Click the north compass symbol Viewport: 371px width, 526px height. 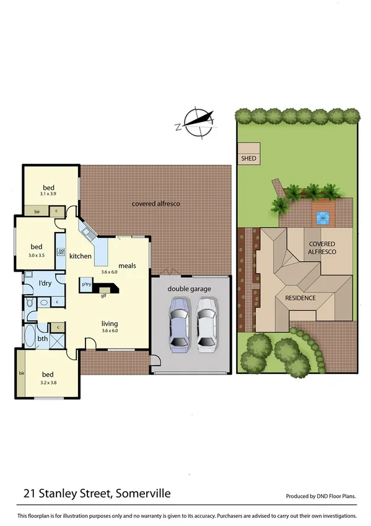click(x=198, y=121)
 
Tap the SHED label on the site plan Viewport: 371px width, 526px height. click(x=248, y=159)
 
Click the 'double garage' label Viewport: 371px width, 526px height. click(x=190, y=288)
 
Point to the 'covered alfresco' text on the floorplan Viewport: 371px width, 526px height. click(x=155, y=203)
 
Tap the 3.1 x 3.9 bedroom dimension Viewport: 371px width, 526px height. click(x=49, y=194)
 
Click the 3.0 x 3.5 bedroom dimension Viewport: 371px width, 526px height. click(x=37, y=254)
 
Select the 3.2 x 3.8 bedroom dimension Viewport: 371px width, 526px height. click(x=48, y=383)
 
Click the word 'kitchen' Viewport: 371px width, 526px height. click(x=81, y=256)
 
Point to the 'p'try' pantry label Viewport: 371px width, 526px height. click(x=87, y=285)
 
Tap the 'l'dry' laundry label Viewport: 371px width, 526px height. click(x=44, y=283)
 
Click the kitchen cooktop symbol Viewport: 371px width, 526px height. click(x=61, y=252)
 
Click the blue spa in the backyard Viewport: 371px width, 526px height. click(x=321, y=218)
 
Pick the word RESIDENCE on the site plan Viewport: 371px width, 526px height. click(x=300, y=298)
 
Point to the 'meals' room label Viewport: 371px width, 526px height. click(x=128, y=265)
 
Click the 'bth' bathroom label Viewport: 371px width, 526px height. click(x=41, y=339)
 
